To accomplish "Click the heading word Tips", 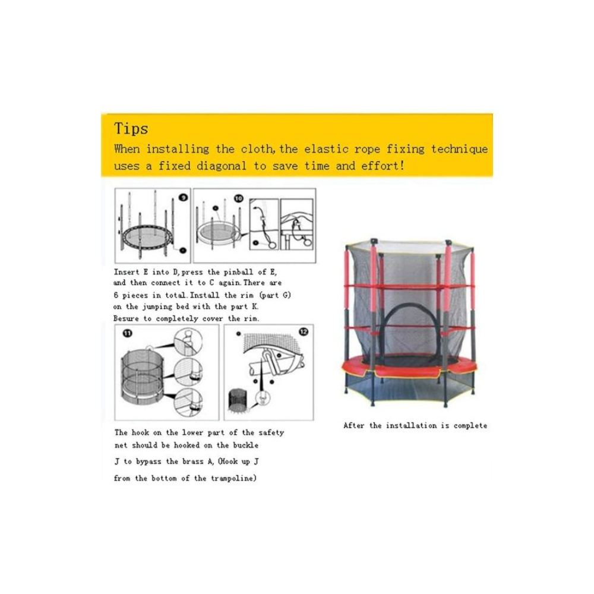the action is tap(131, 129).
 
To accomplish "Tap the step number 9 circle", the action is tap(184, 197).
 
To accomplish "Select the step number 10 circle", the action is tap(239, 198).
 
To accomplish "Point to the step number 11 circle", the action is tap(127, 333).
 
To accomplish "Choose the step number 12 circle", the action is tap(304, 332).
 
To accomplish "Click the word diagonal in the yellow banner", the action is tap(221, 166).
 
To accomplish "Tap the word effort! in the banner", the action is tap(383, 166).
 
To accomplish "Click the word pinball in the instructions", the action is tap(238, 272).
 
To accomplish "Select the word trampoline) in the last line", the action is tap(233, 478).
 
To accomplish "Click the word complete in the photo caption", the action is tap(470, 425).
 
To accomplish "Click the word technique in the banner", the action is tap(459, 149).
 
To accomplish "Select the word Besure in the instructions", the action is tap(126, 318).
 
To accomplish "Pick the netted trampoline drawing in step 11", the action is tap(143, 375).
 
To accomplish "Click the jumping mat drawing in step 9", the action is tap(147, 236).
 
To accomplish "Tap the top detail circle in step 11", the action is tap(188, 342).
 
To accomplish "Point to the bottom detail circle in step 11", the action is tap(188, 403).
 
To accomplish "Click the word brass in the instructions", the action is tap(193, 462).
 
